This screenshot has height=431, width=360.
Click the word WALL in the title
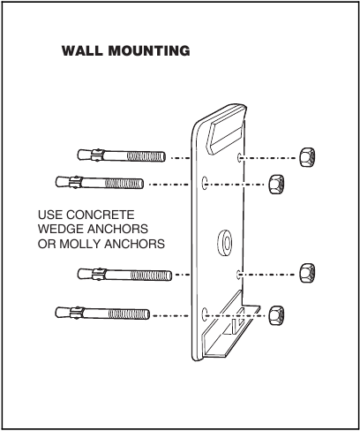(82, 50)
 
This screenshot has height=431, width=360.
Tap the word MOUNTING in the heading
(148, 50)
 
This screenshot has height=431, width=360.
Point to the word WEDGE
(61, 230)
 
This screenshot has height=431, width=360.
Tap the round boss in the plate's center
(221, 239)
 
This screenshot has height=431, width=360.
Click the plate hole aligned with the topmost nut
(240, 157)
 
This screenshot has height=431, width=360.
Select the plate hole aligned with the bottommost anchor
(205, 313)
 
